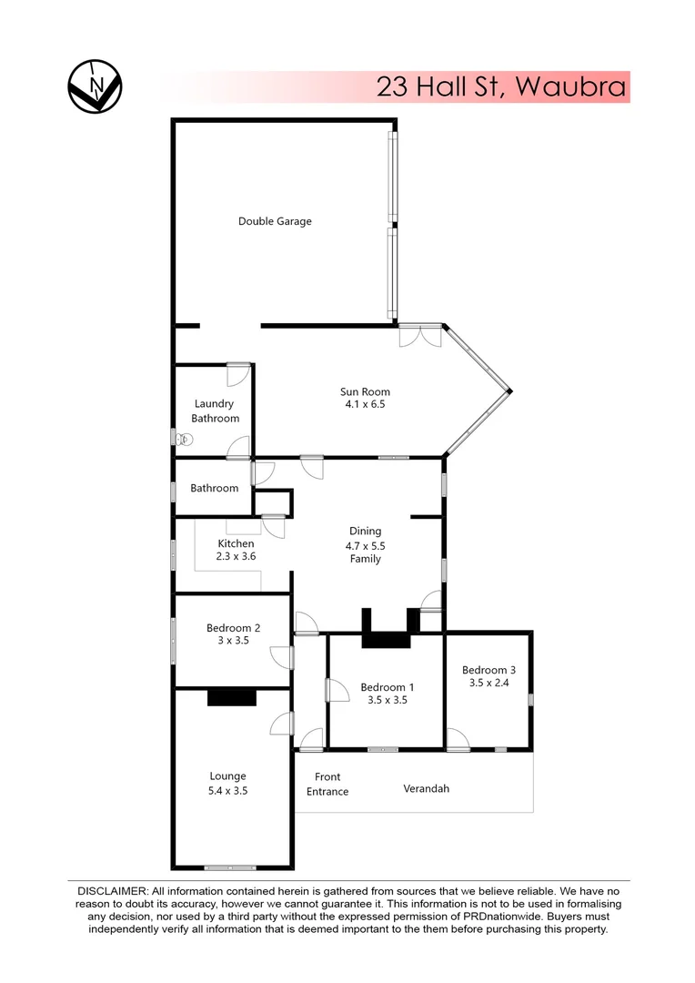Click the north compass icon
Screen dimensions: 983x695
point(95,86)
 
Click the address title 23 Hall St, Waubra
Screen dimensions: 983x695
point(501,87)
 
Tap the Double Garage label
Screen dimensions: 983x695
point(275,221)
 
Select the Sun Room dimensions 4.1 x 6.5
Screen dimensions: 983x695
point(364,404)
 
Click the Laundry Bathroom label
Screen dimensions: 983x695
point(215,410)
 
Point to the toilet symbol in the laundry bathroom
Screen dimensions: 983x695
point(185,440)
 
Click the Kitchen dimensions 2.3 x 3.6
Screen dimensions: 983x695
point(236,556)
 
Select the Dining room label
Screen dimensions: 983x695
point(365,531)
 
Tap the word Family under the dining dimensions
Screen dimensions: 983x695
point(365,559)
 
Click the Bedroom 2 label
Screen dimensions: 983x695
point(234,627)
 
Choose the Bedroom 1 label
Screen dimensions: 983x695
point(388,687)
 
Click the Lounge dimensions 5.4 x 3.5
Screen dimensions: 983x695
point(228,791)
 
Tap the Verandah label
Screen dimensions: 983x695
point(427,788)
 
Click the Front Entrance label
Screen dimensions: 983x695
point(327,784)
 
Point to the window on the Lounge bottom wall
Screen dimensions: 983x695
point(230,867)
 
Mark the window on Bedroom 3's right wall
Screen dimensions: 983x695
point(531,699)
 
